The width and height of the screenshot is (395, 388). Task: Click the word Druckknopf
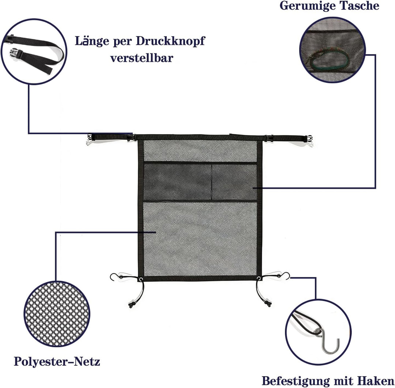click(170, 41)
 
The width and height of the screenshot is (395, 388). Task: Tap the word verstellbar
click(142, 58)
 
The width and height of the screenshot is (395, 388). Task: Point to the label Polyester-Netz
click(57, 361)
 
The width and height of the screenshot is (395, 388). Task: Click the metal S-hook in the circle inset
click(327, 340)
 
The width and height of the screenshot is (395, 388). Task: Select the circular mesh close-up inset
click(57, 314)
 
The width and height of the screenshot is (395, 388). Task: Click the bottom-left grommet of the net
click(141, 279)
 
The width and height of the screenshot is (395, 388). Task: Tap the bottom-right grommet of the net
click(259, 278)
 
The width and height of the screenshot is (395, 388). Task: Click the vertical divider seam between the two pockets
click(212, 182)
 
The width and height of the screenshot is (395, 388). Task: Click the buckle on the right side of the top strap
click(268, 138)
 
